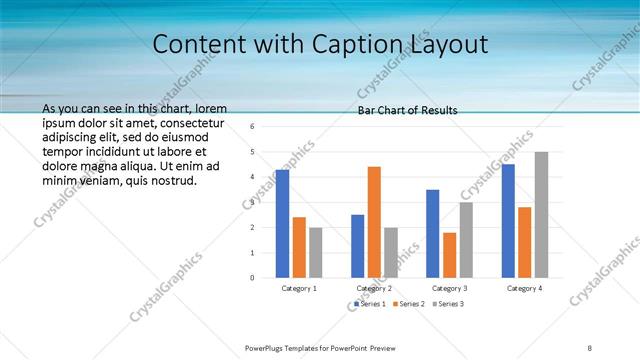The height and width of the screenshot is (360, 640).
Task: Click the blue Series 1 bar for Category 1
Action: pos(282,223)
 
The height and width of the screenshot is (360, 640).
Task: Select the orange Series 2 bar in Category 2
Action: pos(374,221)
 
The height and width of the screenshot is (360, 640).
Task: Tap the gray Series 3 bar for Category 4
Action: pos(541,214)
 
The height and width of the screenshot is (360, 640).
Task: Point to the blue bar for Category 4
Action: pos(508,220)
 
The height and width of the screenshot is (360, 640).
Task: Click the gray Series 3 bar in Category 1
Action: pos(315,252)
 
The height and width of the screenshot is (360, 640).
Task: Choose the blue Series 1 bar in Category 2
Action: pos(357,245)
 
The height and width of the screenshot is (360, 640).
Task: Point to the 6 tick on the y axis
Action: pos(252,127)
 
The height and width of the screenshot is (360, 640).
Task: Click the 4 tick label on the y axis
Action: pos(252,177)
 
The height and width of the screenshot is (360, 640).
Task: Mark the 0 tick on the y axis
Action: pos(252,277)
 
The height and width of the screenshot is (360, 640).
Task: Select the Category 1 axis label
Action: pos(299,288)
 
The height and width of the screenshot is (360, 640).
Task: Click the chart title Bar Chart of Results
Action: pos(407,110)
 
